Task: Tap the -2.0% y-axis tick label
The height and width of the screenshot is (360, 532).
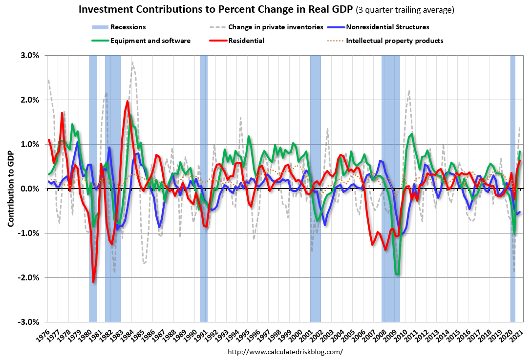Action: click(x=30, y=277)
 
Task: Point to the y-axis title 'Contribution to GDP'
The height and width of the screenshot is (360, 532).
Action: click(x=10, y=189)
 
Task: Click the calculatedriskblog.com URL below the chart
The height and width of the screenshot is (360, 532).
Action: click(x=285, y=352)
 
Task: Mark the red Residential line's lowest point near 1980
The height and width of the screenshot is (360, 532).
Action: click(x=93, y=282)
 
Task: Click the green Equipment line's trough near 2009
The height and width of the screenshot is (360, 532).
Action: click(x=398, y=275)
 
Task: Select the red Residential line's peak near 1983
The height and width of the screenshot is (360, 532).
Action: click(x=128, y=101)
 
